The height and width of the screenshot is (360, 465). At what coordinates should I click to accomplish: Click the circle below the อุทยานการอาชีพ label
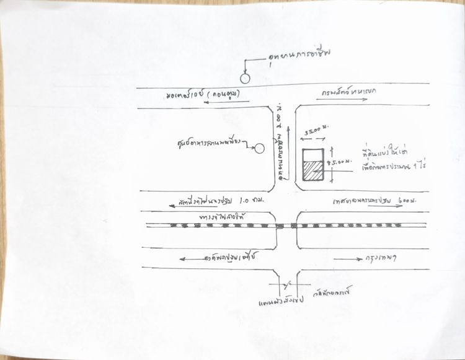coord(246,78)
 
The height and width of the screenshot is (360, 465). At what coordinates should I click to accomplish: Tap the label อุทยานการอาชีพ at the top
coord(299,56)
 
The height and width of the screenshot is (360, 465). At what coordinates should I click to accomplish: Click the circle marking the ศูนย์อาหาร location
coord(259,148)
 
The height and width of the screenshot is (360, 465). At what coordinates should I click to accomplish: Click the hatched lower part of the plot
coord(312,170)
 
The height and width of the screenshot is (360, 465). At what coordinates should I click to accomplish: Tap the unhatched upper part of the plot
coord(312,154)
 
